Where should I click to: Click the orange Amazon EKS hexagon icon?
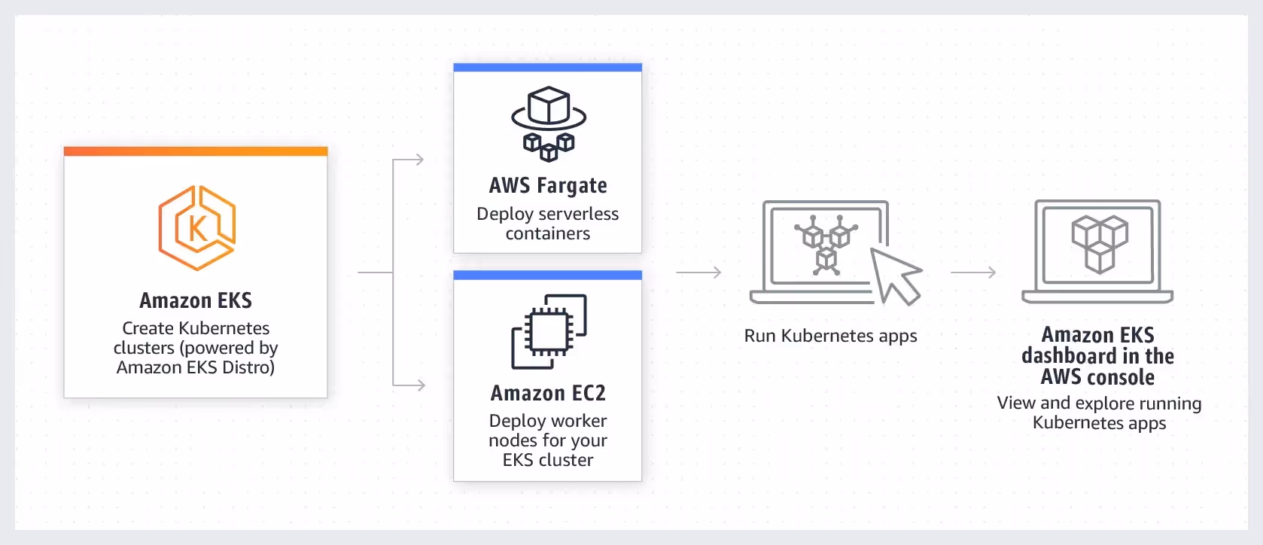(x=196, y=228)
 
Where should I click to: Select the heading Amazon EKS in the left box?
(x=196, y=300)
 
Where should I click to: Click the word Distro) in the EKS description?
(x=249, y=367)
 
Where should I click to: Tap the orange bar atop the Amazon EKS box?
(x=196, y=151)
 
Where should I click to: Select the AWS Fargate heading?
(x=548, y=185)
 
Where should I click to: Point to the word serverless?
(x=578, y=214)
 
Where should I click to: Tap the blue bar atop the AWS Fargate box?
(x=547, y=68)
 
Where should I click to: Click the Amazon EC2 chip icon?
(x=549, y=331)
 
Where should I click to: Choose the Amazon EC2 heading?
(x=548, y=393)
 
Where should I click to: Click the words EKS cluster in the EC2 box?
(x=548, y=460)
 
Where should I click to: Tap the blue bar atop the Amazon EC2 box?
(x=547, y=275)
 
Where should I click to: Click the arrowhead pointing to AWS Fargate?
(x=419, y=160)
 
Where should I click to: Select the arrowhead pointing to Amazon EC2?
(x=420, y=385)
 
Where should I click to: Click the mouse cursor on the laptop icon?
(x=896, y=276)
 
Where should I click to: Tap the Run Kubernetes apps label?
(x=830, y=336)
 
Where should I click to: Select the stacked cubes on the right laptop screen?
(x=1099, y=242)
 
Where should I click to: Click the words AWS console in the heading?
(x=1097, y=377)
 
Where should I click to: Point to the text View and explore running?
(x=1099, y=403)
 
